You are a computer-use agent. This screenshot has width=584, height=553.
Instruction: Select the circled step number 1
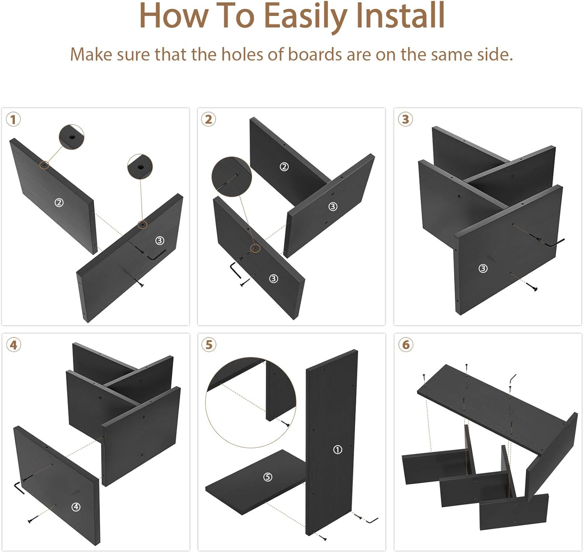[13, 119]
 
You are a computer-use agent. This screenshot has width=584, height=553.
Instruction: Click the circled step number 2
[209, 119]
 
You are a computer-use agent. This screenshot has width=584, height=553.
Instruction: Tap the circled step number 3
[405, 119]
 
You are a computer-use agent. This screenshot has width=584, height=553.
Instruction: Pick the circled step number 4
[14, 345]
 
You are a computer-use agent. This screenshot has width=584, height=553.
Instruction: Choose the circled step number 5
[209, 345]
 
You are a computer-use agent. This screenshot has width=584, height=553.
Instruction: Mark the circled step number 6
[406, 345]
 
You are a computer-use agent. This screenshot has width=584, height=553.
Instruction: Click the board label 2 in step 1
[59, 202]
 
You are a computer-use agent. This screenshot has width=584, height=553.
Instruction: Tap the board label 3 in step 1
[160, 240]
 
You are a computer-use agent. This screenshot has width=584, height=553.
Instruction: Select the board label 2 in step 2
[284, 167]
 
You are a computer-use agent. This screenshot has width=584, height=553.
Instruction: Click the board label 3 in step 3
[483, 269]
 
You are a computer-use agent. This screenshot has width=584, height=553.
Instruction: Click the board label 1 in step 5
[338, 450]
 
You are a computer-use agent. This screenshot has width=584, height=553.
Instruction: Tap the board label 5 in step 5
[267, 477]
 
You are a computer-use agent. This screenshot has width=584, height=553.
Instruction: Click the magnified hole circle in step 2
[232, 177]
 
